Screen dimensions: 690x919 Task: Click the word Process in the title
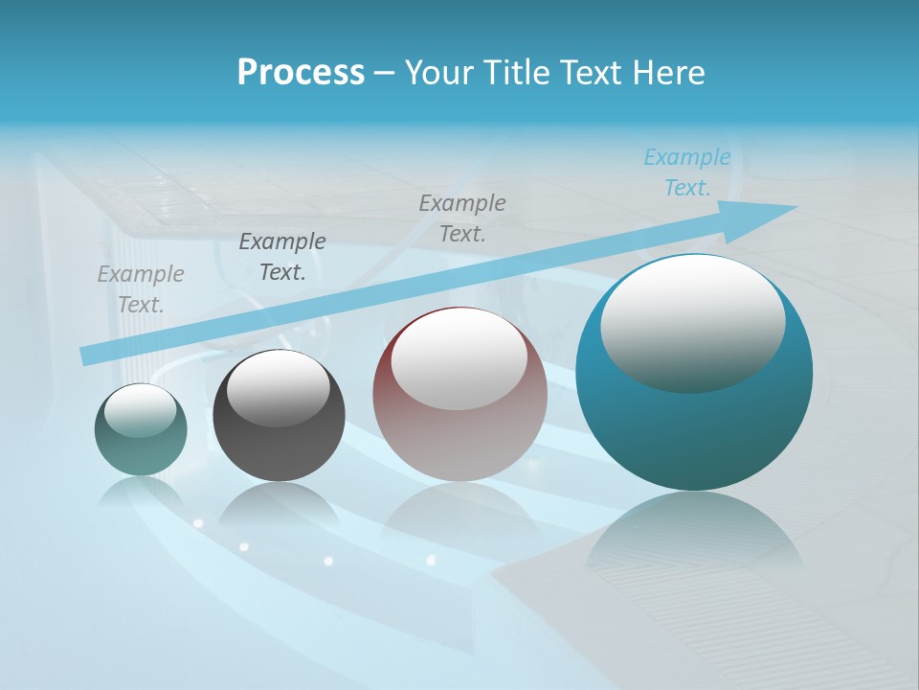click(301, 73)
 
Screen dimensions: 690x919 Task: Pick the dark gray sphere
click(279, 441)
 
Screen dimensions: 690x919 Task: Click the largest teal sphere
click(694, 431)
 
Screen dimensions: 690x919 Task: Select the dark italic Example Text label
click(282, 257)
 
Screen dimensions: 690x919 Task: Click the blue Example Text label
click(687, 172)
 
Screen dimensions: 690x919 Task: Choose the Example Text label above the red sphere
click(462, 218)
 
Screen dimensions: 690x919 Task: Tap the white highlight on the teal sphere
click(692, 324)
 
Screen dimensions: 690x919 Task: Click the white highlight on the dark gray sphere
click(278, 388)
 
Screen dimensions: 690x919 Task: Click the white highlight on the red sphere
click(459, 359)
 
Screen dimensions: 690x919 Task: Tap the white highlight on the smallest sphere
click(140, 410)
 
